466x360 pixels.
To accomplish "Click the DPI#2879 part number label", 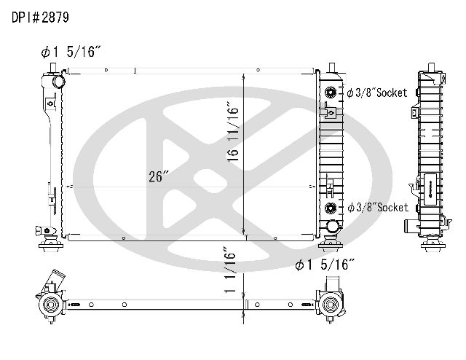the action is coord(41,17).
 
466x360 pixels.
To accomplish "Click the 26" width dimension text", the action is coord(159,176).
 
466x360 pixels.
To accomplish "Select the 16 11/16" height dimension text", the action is coord(233,132).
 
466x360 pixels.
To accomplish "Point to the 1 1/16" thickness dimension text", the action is coord(230,270).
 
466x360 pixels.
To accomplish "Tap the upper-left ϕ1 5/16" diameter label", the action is coord(71,52).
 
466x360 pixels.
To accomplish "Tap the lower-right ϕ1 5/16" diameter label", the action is coord(325,265).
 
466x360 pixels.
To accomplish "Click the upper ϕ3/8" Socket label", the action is coord(377,93).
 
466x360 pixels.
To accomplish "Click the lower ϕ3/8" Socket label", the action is coord(378,207).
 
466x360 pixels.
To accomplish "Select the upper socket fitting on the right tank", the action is coord(330,93).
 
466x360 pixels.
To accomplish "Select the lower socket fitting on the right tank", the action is coord(330,208).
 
